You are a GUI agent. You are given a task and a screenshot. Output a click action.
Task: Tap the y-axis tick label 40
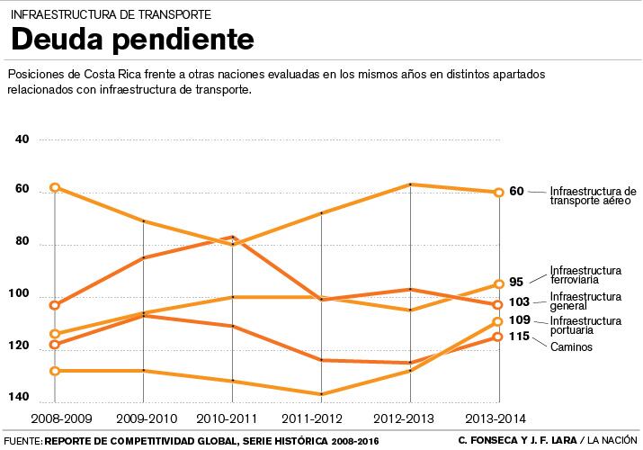[x=22, y=139]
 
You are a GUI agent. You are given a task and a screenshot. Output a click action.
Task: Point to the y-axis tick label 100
[x=21, y=295]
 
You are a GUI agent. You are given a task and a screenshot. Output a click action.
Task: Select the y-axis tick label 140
[x=21, y=397]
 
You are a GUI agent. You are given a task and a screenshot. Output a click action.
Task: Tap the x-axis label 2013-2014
[x=497, y=419]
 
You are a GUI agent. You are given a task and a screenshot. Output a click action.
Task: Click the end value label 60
[x=516, y=191]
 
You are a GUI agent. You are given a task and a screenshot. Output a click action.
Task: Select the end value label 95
[x=516, y=282]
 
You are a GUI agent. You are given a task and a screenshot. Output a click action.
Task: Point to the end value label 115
[x=518, y=336]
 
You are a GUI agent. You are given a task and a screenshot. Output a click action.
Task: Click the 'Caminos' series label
[x=571, y=347]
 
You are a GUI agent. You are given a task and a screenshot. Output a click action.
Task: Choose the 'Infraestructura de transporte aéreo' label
[x=592, y=196]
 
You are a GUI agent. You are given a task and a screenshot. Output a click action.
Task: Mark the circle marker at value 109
[x=498, y=322]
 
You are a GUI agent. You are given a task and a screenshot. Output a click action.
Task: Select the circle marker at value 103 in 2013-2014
[x=498, y=305]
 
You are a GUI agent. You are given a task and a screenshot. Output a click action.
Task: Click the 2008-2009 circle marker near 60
[x=55, y=187]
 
